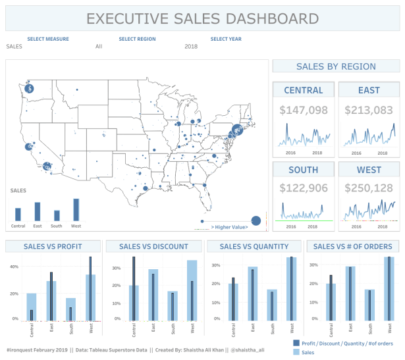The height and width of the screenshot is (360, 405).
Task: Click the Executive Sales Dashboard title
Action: [202, 19]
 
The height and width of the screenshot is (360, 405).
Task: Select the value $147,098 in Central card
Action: [304, 111]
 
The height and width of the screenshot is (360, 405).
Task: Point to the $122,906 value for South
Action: [304, 189]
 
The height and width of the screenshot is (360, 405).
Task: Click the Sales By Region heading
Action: [336, 66]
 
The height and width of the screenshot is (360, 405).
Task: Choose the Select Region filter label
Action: [137, 39]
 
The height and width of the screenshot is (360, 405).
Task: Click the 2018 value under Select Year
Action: [191, 47]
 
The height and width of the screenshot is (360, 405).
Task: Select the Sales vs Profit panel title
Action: [53, 247]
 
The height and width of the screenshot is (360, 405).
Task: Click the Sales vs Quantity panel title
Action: [254, 247]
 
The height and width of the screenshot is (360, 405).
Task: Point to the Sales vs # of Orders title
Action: [352, 247]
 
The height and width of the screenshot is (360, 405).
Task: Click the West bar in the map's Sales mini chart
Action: [76, 210]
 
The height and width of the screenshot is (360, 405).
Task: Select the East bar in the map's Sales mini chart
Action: [38, 211]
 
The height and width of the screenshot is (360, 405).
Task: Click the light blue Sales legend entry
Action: [309, 353]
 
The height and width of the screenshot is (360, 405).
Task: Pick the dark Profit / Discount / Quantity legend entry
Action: [347, 344]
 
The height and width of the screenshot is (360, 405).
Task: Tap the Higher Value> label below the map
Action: [229, 226]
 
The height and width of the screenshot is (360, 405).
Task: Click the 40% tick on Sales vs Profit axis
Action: [13, 267]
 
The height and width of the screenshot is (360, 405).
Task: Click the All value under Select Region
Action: [99, 47]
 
